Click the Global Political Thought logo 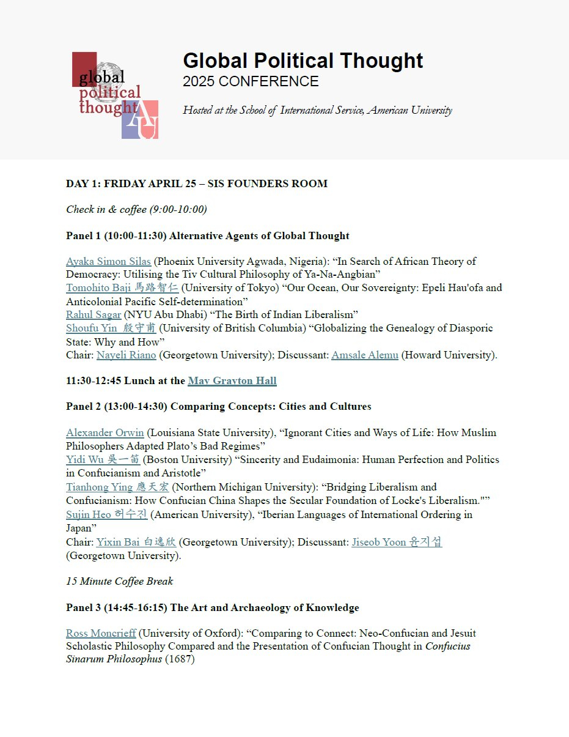click(115, 95)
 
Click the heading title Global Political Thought click(303, 61)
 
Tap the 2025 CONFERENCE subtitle click(251, 81)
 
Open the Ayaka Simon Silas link click(108, 261)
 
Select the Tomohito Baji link click(122, 287)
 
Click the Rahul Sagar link click(93, 314)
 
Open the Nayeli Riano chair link click(126, 355)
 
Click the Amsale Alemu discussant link click(365, 355)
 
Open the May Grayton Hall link click(232, 380)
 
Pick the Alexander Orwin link click(105, 432)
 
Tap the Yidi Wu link click(103, 459)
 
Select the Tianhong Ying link click(117, 487)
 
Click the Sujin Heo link click(106, 514)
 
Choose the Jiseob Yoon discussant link click(397, 542)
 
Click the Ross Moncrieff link click(101, 633)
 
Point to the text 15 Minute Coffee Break click(120, 581)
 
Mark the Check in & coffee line click(136, 209)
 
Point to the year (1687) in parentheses click(180, 660)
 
